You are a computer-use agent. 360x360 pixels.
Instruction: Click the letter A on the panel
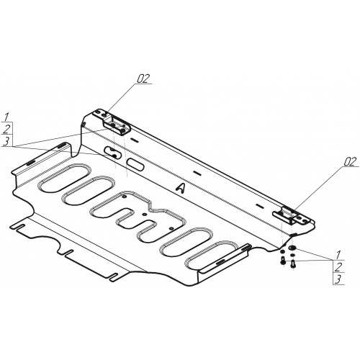click(181, 188)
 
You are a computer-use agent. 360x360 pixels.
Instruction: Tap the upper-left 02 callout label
click(143, 78)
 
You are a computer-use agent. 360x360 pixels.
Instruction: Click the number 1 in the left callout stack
click(6, 117)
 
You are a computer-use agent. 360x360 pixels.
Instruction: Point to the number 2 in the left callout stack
click(6, 129)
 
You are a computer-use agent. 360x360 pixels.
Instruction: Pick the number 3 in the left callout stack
click(6, 140)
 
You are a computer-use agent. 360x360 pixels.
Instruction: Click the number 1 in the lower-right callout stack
click(338, 254)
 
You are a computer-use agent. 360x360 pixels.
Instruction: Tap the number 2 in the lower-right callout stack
click(338, 266)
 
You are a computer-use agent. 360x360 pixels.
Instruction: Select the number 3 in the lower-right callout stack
click(338, 279)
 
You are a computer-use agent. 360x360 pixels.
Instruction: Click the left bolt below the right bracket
click(282, 261)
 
